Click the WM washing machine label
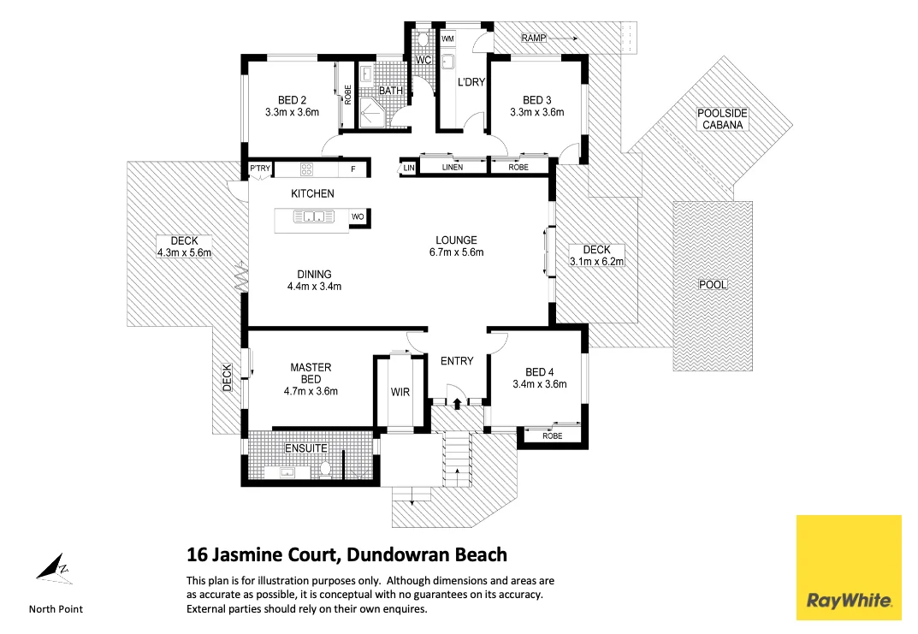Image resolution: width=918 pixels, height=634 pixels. coord(447,39)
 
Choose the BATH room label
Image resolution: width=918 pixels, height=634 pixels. coord(391,91)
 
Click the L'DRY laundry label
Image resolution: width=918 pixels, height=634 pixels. coord(471,82)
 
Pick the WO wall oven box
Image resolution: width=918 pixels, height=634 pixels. coord(358,217)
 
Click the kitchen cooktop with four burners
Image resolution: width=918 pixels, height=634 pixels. coord(306,169)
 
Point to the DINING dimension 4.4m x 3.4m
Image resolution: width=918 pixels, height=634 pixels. coord(314,287)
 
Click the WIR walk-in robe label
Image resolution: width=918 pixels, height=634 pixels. coord(400,393)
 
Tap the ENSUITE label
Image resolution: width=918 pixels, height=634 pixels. coord(305,447)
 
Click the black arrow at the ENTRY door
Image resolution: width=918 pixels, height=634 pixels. coord(457,402)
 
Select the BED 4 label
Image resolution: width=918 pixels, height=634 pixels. coord(540,372)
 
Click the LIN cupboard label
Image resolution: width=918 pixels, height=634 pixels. coord(409,168)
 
